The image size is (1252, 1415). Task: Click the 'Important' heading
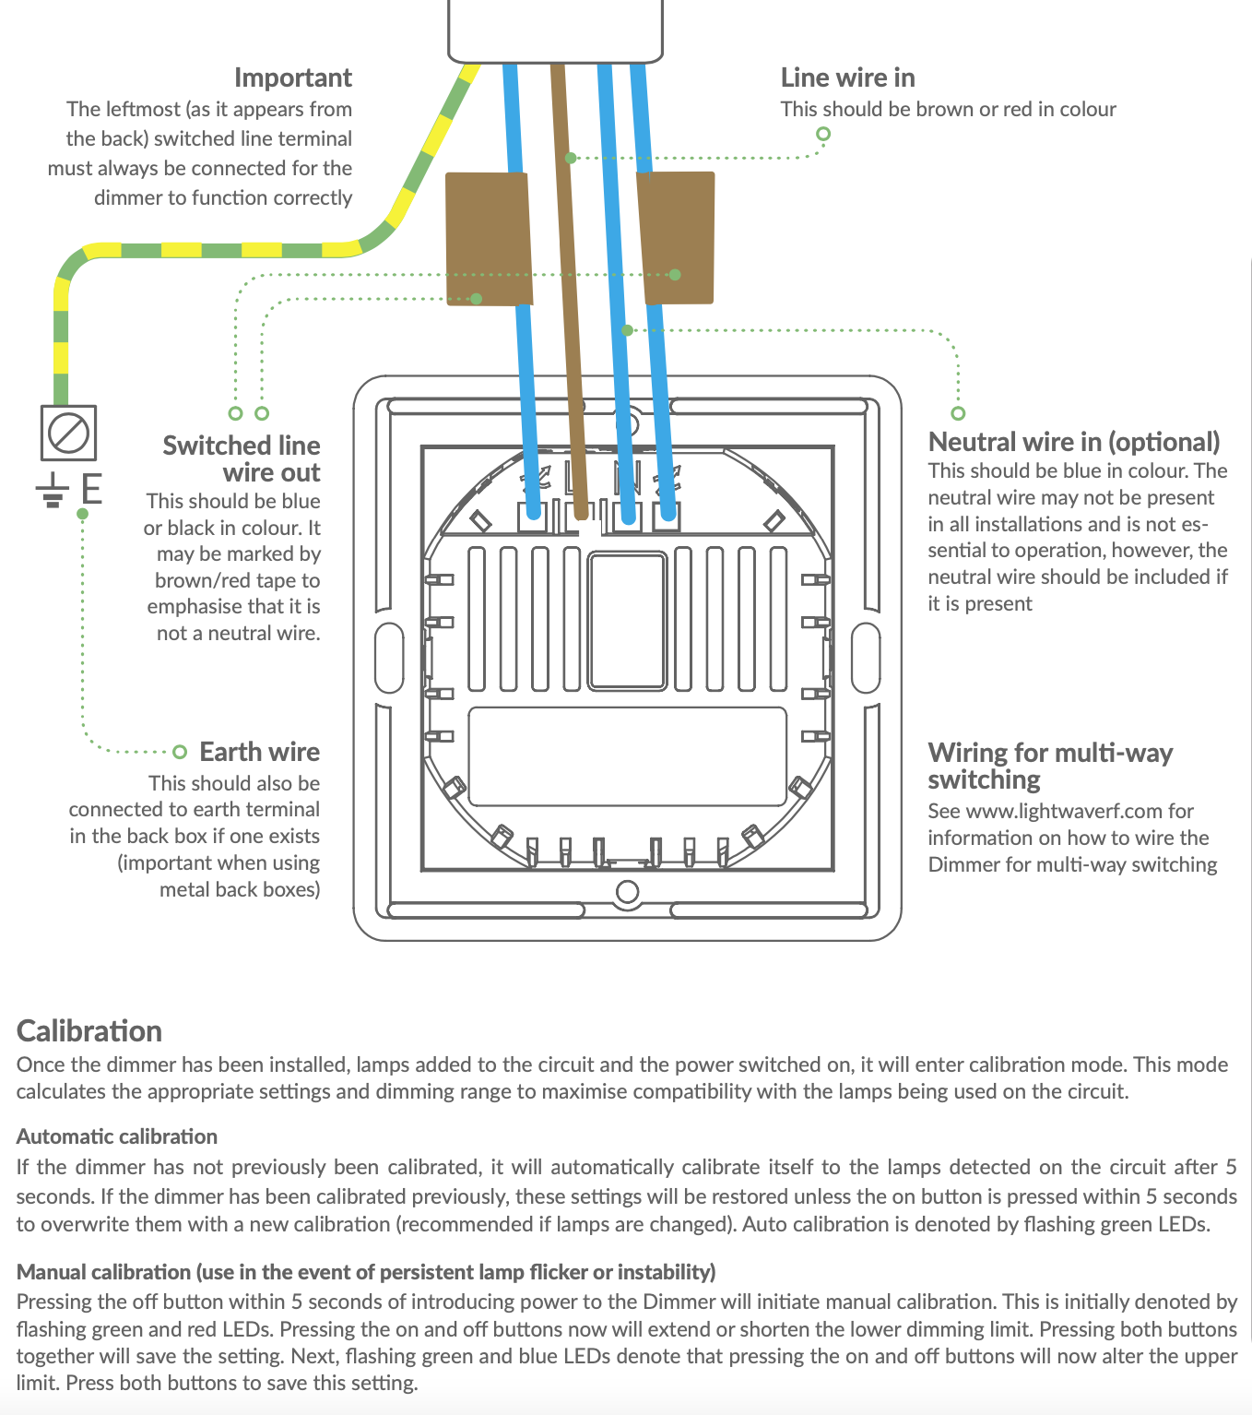[292, 78]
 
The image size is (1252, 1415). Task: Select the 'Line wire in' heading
[847, 77]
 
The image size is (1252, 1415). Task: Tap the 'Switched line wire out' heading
[242, 458]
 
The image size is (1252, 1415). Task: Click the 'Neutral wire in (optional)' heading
[1074, 442]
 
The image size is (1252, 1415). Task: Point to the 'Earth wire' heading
[260, 752]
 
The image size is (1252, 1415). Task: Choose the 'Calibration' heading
[89, 1031]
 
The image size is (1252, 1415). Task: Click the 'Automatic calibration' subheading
[116, 1136]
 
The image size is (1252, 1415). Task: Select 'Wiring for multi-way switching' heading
[1050, 767]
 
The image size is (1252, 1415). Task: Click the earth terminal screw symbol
[68, 433]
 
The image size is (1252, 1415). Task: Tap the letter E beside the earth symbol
[91, 488]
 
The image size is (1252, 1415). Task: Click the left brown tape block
[489, 239]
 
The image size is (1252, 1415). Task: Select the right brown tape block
[676, 238]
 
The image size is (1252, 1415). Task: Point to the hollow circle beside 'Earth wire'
[180, 752]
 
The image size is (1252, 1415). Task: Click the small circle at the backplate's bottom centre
[627, 892]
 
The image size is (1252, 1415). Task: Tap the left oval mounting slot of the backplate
[389, 658]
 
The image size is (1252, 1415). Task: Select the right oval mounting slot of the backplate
[866, 658]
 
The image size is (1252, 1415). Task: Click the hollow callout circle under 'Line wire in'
[823, 134]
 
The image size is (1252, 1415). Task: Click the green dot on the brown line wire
[571, 159]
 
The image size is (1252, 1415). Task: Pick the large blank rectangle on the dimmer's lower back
[627, 756]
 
